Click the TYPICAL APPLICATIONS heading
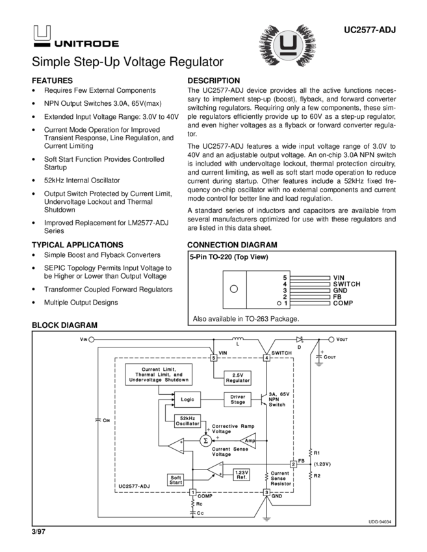click(x=77, y=245)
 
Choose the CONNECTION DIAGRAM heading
click(x=232, y=245)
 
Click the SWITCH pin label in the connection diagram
click(x=346, y=284)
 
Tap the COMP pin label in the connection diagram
click(x=343, y=303)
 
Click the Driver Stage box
click(x=238, y=399)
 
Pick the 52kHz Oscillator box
click(x=188, y=421)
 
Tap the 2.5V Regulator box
click(x=237, y=378)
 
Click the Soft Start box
click(x=176, y=479)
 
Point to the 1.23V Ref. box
click(x=242, y=474)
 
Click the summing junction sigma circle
click(x=205, y=440)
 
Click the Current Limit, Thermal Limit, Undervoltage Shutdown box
click(x=159, y=375)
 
